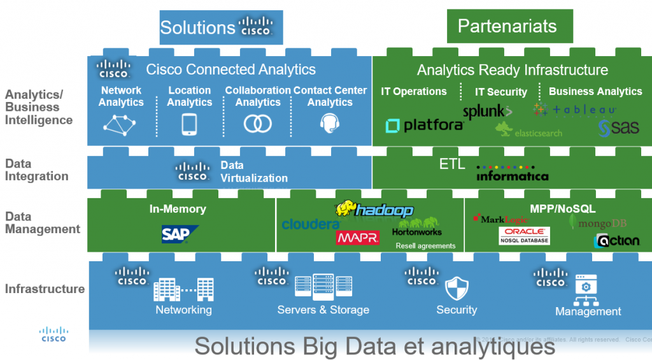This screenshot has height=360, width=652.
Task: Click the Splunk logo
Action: tap(487, 112)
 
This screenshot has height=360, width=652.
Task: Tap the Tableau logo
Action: tap(574, 110)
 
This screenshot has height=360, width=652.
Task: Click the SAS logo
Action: tap(618, 128)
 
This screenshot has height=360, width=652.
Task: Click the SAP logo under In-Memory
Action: tap(178, 234)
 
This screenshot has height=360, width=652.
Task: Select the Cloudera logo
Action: tap(310, 224)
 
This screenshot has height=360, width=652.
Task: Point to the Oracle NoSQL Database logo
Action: tap(524, 235)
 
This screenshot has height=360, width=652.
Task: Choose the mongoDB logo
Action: tap(598, 223)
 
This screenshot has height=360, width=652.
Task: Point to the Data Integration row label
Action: tap(36, 170)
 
